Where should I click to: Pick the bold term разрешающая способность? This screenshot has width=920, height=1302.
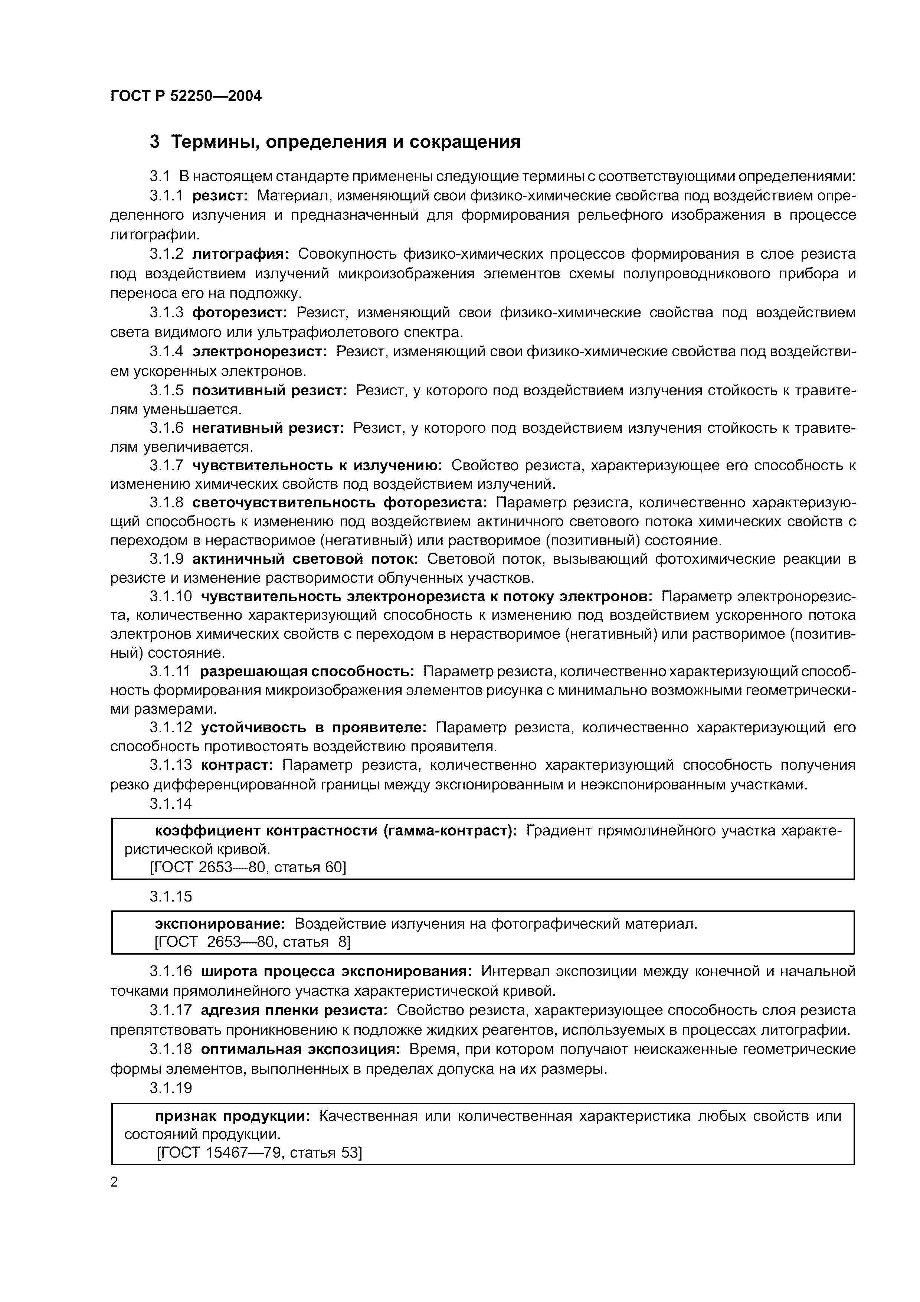point(307,671)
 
